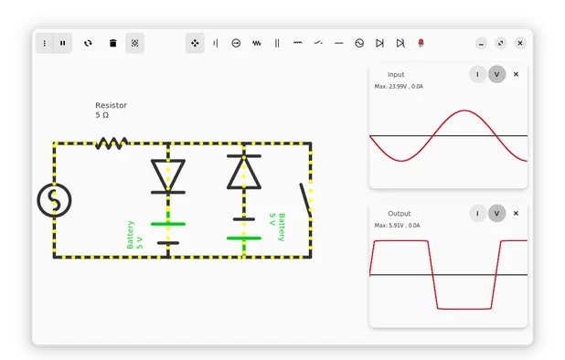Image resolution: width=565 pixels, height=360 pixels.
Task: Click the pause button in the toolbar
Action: [x=63, y=43]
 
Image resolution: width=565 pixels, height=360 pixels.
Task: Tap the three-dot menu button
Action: [x=45, y=43]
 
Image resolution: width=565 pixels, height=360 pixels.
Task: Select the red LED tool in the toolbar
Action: [x=421, y=43]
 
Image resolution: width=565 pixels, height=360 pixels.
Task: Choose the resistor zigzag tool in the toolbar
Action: [x=257, y=43]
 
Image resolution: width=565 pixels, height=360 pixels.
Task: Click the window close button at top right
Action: [x=520, y=43]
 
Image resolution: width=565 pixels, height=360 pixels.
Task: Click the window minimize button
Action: [x=482, y=43]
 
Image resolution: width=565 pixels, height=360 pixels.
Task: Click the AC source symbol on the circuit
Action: [x=54, y=200]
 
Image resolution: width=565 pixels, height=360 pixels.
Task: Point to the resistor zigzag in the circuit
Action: [x=112, y=143]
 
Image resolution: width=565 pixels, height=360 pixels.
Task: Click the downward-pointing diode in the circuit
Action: [x=167, y=175]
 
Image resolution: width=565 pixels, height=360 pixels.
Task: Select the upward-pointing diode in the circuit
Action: [x=242, y=171]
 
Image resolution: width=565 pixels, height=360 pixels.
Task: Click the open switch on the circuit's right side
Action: [x=305, y=199]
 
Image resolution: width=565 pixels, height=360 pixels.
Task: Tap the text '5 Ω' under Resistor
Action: [x=102, y=116]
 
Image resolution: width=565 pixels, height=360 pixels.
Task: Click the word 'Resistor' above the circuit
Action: [x=111, y=105]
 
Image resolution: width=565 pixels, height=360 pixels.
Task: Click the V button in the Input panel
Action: [x=496, y=74]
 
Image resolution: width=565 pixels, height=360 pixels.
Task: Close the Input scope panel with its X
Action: [x=516, y=74]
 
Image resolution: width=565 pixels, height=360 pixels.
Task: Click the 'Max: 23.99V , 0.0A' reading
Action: [x=399, y=87]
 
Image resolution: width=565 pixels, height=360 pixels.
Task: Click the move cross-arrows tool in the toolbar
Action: [x=195, y=43]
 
